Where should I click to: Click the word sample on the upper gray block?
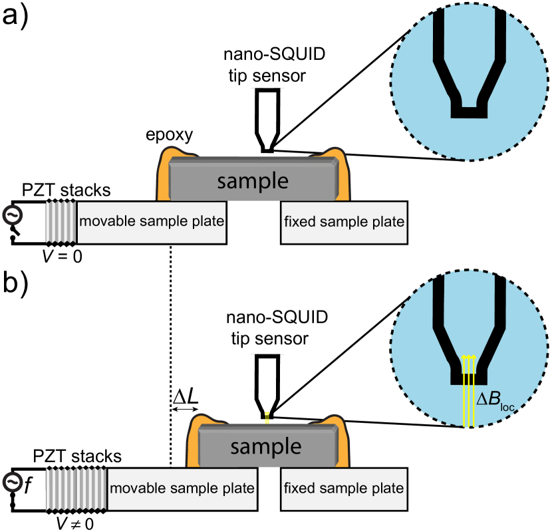(253, 181)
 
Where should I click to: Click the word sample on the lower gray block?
(266, 446)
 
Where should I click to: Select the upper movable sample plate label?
(152, 221)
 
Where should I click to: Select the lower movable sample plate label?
(182, 488)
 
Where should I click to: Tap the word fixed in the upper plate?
(299, 221)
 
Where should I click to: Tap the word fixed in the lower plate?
(299, 488)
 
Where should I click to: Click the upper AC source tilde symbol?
(11, 215)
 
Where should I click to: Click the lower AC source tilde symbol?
(11, 481)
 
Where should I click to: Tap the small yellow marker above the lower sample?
(267, 417)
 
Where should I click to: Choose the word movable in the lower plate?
(138, 488)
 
